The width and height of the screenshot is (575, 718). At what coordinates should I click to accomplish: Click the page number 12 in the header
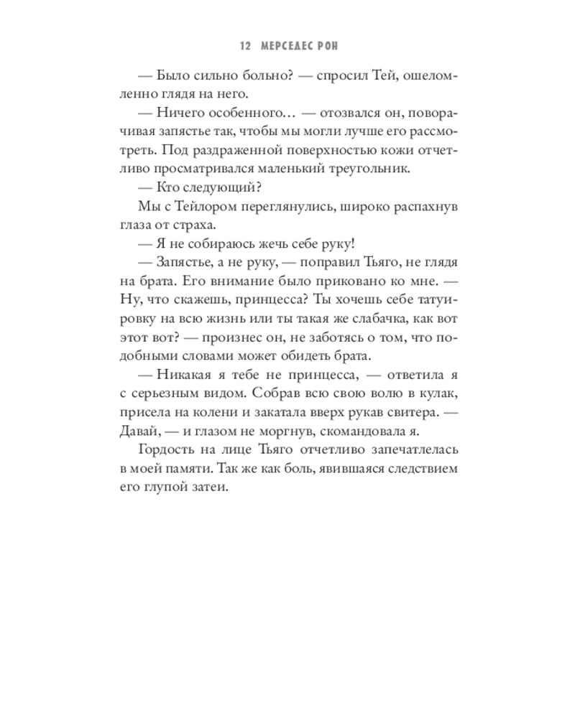(244, 46)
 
